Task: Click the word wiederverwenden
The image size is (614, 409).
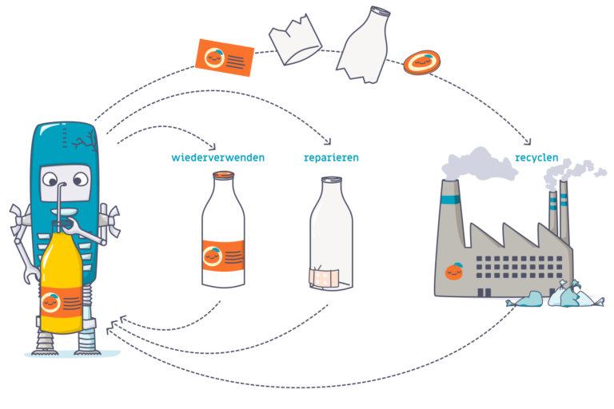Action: click(217, 157)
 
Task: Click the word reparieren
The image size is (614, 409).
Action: click(331, 157)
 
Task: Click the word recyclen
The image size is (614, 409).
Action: click(536, 157)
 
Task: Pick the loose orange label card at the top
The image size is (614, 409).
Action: click(225, 57)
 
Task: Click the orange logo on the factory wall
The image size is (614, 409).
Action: click(454, 272)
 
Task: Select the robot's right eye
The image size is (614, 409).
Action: click(78, 180)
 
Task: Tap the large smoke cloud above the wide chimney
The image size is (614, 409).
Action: click(480, 163)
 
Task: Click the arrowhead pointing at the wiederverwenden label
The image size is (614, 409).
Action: click(212, 147)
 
